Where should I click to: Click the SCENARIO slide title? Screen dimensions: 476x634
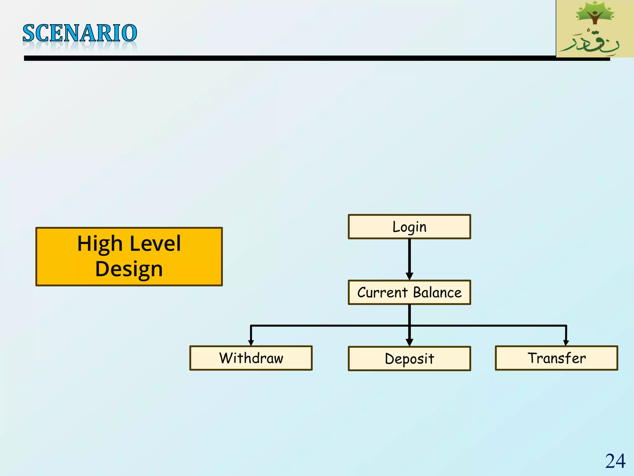[80, 33]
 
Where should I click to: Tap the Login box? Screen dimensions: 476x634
[409, 227]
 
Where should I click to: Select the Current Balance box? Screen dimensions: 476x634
[409, 293]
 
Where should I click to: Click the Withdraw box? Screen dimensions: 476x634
[251, 358]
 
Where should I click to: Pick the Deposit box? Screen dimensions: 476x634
[409, 359]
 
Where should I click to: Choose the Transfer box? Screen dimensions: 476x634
[556, 358]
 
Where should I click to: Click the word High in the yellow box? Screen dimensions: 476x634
[100, 244]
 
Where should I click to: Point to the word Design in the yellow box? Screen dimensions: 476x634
[129, 269]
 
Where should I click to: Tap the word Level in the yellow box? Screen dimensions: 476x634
[155, 244]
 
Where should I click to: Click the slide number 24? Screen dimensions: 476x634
[615, 461]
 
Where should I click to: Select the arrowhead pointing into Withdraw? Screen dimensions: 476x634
[251, 342]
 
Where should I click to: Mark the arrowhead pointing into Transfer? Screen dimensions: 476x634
[566, 342]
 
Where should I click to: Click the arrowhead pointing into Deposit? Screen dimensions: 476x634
[409, 342]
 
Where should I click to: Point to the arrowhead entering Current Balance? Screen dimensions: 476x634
[409, 276]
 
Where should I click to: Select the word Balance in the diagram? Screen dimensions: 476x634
[437, 293]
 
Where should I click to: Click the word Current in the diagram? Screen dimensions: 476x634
[382, 293]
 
